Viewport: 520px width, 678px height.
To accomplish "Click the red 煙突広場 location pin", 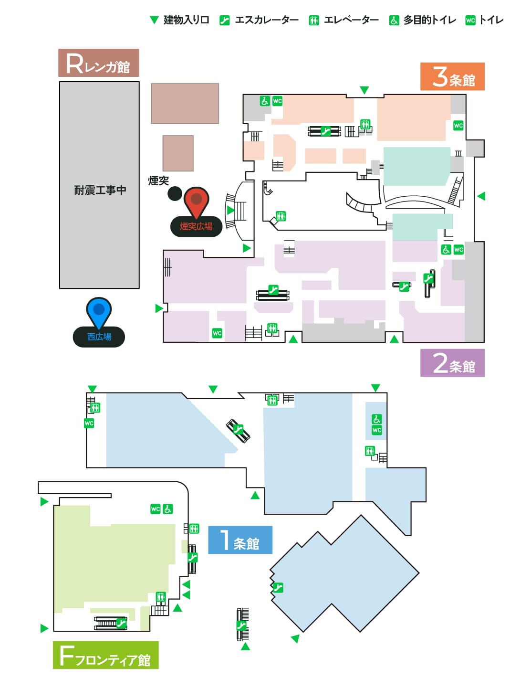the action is click(x=196, y=201).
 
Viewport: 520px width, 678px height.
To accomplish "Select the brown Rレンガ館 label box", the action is click(x=98, y=63).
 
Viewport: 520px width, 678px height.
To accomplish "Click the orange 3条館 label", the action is click(x=452, y=76).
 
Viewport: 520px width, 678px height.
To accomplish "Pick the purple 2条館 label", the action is click(x=452, y=362).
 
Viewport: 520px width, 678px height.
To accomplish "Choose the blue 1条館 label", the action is click(x=240, y=540).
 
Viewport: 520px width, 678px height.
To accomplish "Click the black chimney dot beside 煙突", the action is click(x=175, y=193).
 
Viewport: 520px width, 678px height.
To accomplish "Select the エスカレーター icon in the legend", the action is click(x=225, y=21).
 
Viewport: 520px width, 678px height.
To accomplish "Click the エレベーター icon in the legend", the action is click(x=313, y=21).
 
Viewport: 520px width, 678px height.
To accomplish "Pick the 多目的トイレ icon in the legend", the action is click(x=394, y=21).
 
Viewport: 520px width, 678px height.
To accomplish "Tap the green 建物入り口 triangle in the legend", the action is click(x=154, y=20).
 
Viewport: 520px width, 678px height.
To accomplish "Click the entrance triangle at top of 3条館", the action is click(x=364, y=90).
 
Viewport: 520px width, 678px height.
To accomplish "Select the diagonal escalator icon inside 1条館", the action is click(x=238, y=430).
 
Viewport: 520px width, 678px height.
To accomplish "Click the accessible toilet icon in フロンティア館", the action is click(x=168, y=509).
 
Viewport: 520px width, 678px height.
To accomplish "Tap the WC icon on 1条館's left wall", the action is click(x=89, y=423).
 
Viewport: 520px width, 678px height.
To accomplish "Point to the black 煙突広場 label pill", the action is click(x=196, y=226).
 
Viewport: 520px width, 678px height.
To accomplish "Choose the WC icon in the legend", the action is click(x=470, y=21).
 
